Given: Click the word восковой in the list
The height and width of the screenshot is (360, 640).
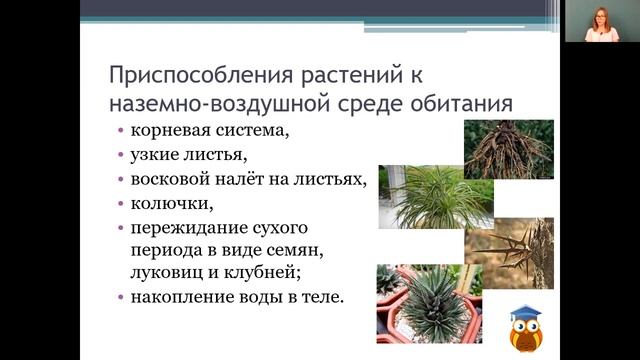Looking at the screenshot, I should point(171,180).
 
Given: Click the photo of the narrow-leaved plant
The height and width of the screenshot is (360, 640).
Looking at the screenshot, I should point(431,197).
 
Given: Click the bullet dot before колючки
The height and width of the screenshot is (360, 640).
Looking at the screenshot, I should point(121,206).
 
